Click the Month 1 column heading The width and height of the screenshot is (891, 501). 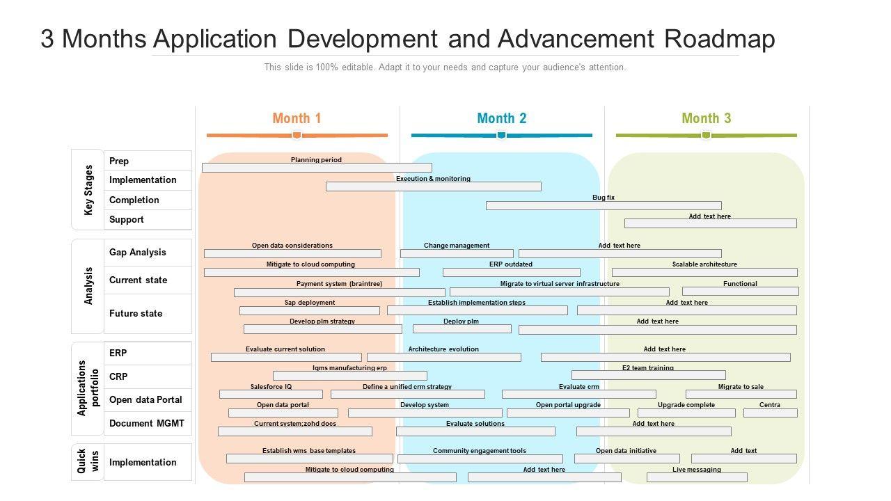point(297,118)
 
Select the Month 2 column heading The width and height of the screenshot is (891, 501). point(501,118)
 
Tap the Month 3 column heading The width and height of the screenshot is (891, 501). point(706,118)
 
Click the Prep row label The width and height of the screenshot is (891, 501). point(119,161)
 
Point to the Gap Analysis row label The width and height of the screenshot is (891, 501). point(138,252)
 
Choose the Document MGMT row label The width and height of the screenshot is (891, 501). point(147,423)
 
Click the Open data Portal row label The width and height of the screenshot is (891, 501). point(145,399)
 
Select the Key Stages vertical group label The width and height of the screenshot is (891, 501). point(88,189)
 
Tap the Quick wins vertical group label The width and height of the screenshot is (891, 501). point(88,461)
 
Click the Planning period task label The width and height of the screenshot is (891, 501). point(316,160)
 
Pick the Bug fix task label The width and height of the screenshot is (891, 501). point(604,198)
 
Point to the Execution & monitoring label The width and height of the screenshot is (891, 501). point(433,179)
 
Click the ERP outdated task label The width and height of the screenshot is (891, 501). point(510,264)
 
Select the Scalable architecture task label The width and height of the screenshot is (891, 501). point(704,264)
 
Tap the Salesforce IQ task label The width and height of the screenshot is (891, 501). point(271,386)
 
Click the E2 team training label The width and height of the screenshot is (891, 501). point(647,368)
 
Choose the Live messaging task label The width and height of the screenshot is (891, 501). point(696,470)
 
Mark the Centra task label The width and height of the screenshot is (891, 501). point(769,405)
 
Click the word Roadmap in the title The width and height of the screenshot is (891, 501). point(720,39)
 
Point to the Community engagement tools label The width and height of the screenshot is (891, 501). point(480,451)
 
